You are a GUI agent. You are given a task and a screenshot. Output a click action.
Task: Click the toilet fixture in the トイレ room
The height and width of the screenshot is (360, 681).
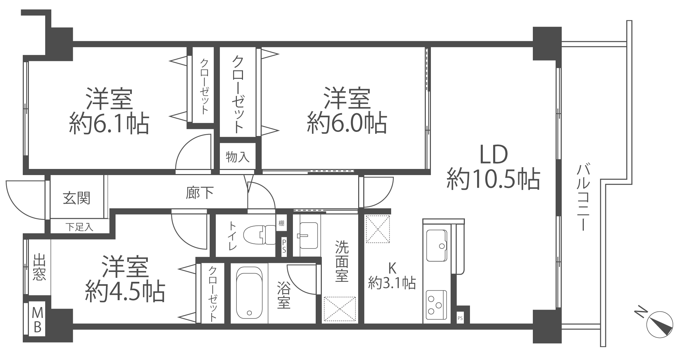coord(264,235)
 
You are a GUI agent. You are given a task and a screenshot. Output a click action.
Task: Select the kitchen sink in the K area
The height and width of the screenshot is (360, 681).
coord(436,245)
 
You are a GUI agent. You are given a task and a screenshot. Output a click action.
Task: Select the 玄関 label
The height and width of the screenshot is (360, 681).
coord(77,198)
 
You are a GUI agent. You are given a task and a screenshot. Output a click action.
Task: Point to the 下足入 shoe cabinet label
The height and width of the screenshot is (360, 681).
coord(79,227)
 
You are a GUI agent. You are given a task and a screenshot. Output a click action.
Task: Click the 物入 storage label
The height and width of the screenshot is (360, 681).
coord(238,157)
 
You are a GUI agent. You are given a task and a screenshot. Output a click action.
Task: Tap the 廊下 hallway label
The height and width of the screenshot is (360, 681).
coord(200,193)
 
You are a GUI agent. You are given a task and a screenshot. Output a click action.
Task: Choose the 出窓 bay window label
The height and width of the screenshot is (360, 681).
coord(39,267)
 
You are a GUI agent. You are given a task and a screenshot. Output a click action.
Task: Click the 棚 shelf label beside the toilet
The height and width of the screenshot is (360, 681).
coord(281,223)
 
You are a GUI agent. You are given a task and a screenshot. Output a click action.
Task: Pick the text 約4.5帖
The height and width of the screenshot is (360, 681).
coord(125,291)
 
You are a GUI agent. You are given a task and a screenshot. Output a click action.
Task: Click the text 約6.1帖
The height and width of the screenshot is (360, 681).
coord(109,124)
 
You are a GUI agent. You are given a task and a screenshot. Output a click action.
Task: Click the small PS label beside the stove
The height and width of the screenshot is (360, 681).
coord(460,319)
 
